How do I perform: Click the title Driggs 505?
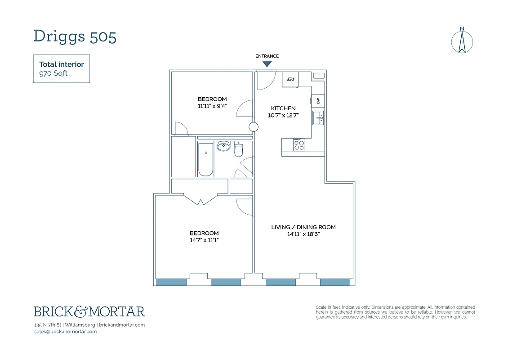(x=75, y=36)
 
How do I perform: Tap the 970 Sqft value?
(x=53, y=73)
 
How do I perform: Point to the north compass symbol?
(x=462, y=41)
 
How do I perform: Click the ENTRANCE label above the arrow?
(x=267, y=56)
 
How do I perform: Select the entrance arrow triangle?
(x=267, y=64)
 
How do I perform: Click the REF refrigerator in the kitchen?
(x=290, y=79)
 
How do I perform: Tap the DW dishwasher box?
(x=318, y=101)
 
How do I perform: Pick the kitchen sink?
(x=318, y=118)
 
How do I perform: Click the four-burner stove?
(x=299, y=144)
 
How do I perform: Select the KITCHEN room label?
(x=283, y=108)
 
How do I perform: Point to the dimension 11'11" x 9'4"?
(x=212, y=106)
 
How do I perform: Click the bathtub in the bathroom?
(x=205, y=159)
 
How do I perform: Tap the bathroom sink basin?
(x=223, y=146)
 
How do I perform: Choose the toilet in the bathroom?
(x=239, y=149)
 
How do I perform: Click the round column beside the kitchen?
(x=254, y=127)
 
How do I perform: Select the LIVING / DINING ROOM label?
(x=303, y=227)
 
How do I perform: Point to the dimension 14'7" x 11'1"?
(x=204, y=240)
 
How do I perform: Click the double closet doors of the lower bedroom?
(x=201, y=198)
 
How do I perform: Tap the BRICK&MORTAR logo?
(x=89, y=311)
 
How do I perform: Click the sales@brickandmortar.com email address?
(x=65, y=332)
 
